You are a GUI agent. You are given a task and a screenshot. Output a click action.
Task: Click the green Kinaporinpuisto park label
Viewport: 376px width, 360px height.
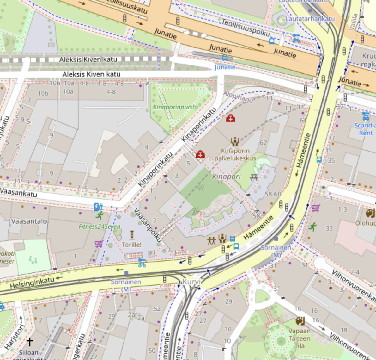coord(175,107)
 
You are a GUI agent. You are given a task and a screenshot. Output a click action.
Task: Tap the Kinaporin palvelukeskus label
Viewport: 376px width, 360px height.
coord(235,154)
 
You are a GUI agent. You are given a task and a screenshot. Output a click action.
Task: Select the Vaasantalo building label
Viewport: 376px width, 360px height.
coord(29,221)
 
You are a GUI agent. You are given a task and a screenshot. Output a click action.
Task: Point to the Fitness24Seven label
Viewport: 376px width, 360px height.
coord(100,227)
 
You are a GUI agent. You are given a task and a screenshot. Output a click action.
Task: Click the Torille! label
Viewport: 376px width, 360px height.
coord(132,245)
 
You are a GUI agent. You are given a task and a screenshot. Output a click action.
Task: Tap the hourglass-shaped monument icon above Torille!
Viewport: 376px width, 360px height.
coord(132,235)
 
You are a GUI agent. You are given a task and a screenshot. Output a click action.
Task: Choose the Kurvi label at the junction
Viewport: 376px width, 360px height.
coord(191,282)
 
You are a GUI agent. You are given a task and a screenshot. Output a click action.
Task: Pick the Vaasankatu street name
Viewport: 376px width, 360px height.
coord(18,192)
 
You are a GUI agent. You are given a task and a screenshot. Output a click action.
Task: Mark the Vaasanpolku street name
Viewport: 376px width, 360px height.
coord(148,225)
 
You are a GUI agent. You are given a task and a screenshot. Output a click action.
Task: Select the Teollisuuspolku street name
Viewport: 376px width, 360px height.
coord(246,28)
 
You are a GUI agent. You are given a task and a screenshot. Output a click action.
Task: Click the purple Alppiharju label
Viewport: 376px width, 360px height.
coord(238,96)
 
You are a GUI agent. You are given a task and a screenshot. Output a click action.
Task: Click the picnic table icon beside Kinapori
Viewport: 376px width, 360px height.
coord(254,177)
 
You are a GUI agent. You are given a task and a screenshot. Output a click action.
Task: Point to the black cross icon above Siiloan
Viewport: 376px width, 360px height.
coord(29,342)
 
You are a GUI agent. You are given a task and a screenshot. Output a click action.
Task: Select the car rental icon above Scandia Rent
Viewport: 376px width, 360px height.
coord(366,116)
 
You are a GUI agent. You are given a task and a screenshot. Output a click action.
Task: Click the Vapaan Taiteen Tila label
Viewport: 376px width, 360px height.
coord(299,338)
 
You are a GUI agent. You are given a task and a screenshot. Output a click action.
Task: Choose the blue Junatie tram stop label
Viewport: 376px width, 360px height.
coord(225,67)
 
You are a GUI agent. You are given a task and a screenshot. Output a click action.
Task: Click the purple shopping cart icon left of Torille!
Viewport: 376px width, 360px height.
coord(99,244)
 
